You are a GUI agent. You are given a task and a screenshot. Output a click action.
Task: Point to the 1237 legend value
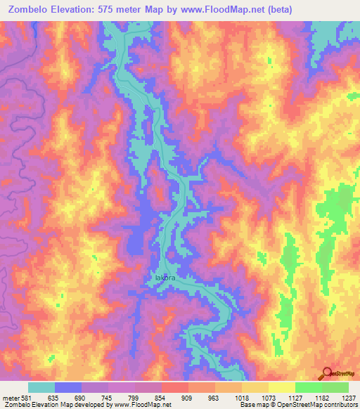coord(348,398)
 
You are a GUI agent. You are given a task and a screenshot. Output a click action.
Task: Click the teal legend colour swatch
coord(41,387)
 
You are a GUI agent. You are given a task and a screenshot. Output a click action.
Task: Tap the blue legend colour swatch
coord(68,387)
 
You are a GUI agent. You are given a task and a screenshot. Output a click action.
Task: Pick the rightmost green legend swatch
coord(335,387)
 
